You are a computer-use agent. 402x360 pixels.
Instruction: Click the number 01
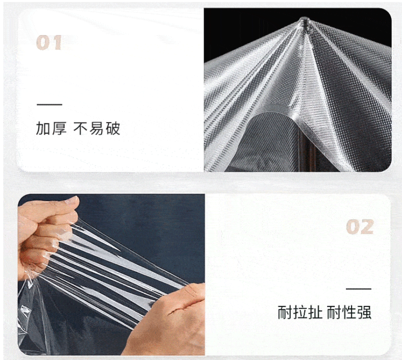[49, 43]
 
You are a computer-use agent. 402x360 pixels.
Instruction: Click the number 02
[360, 227]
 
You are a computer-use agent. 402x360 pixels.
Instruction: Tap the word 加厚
[51, 128]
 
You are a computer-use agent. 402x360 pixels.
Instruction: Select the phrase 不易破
[97, 128]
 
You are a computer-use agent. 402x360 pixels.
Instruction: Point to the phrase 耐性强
[349, 312]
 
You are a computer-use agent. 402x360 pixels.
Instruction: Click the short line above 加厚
[50, 105]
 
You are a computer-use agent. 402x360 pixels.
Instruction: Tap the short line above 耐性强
[358, 289]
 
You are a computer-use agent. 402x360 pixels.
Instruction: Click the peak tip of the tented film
[304, 19]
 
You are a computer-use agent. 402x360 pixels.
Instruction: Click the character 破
[113, 128]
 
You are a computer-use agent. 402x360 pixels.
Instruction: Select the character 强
[364, 312]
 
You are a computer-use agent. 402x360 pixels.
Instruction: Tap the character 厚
[59, 128]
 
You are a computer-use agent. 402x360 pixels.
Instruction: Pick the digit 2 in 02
[367, 227]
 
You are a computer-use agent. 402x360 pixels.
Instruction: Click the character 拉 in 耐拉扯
[300, 312]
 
